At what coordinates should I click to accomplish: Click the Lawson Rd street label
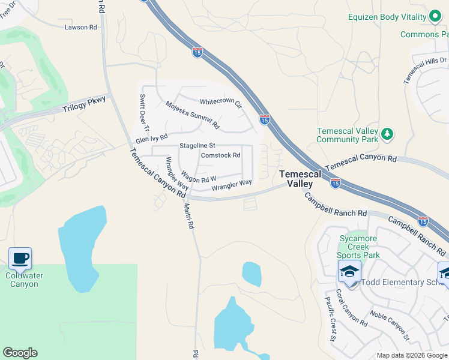pyautogui.click(x=81, y=28)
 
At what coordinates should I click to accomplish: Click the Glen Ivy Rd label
pyautogui.click(x=151, y=139)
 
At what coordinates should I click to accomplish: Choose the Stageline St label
pyautogui.click(x=197, y=146)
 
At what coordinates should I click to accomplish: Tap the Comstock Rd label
pyautogui.click(x=220, y=155)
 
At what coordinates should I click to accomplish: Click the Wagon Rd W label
pyautogui.click(x=198, y=178)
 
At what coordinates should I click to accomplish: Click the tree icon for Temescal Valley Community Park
pyautogui.click(x=387, y=133)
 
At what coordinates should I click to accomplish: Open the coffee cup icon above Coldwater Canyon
pyautogui.click(x=20, y=259)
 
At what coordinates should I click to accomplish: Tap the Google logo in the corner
pyautogui.click(x=20, y=353)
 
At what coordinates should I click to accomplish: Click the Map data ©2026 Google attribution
pyautogui.click(x=411, y=355)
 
